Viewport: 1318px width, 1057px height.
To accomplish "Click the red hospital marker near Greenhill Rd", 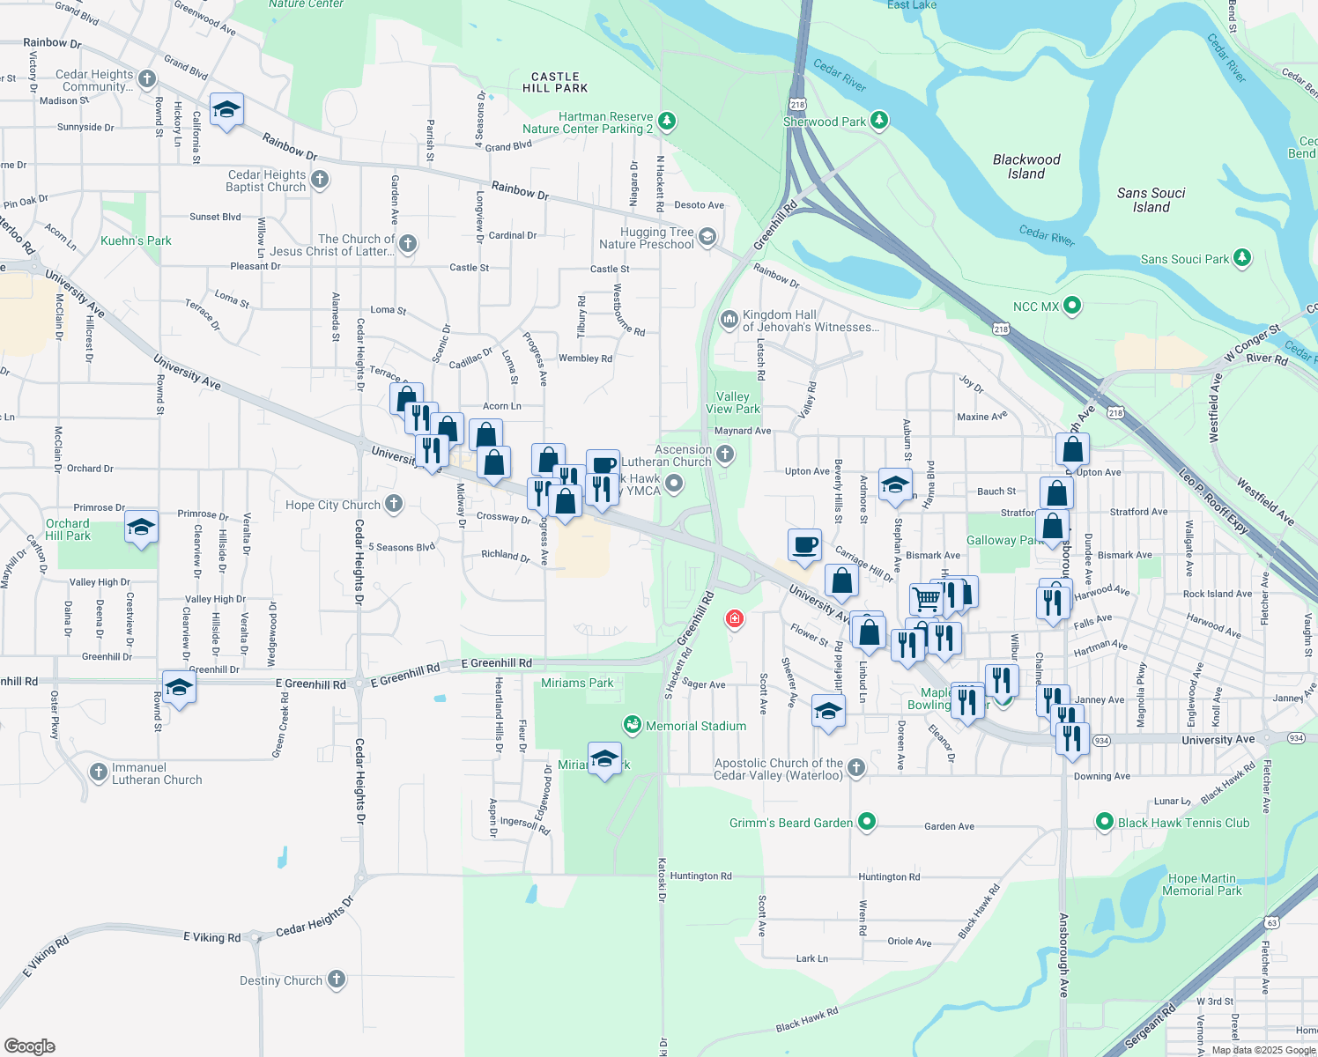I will click(734, 619).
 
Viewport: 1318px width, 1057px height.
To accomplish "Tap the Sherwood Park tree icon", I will click(878, 121).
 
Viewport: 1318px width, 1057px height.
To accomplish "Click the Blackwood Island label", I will click(1026, 166).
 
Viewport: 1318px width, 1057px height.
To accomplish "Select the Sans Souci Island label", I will click(1151, 200).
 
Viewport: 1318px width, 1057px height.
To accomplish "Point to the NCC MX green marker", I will click(1071, 307).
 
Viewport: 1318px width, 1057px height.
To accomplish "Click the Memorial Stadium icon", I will click(632, 725).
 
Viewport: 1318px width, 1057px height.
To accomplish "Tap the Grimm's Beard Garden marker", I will click(867, 823).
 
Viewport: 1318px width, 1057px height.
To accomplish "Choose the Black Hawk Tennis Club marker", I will click(1104, 823).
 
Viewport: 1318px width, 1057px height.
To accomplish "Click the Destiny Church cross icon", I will click(336, 979).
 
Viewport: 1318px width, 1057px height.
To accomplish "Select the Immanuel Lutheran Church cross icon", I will click(99, 772).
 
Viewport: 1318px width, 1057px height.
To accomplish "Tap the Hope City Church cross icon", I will click(394, 504).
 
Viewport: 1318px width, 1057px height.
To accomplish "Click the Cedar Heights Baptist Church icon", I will click(320, 180).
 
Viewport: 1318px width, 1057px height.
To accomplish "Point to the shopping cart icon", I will click(926, 599).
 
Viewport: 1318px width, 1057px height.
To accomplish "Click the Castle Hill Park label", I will click(555, 83).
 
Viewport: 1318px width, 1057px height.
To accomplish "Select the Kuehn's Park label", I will click(136, 240).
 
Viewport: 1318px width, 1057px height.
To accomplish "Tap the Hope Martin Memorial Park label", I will click(1202, 884).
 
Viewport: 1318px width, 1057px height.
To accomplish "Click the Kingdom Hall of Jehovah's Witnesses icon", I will click(729, 319).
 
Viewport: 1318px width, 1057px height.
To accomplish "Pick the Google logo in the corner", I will click(30, 1046).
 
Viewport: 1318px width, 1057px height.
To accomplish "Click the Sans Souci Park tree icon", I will click(1241, 258).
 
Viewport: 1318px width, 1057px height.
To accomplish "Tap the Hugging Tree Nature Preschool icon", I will click(707, 236).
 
